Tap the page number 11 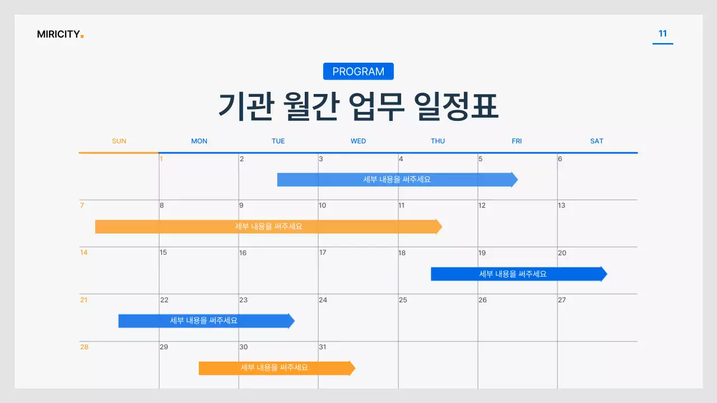tap(663, 34)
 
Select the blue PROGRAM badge tap(358, 72)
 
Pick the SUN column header tap(119, 141)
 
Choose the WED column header tap(358, 141)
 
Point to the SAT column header tap(597, 141)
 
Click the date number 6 tap(560, 159)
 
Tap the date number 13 tap(561, 205)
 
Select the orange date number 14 tap(84, 252)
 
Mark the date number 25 tap(403, 300)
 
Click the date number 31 tap(323, 347)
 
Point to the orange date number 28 tap(84, 347)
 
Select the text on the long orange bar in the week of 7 tap(269, 227)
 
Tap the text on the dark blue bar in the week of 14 tap(513, 274)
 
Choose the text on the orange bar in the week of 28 tap(274, 368)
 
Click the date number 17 tap(323, 252)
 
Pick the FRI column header tap(516, 141)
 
